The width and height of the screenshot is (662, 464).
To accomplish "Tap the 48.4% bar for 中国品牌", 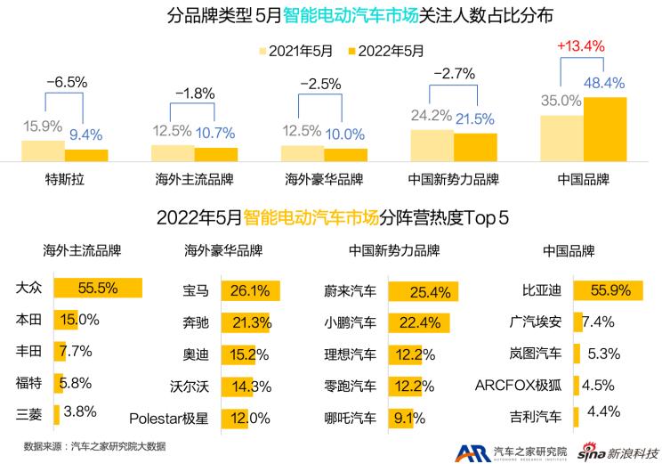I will point(605,128).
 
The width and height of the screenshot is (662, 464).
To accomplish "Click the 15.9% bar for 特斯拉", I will point(42,151).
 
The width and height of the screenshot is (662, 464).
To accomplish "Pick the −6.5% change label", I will point(67,82).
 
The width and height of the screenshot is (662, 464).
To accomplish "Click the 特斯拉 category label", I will point(64,178).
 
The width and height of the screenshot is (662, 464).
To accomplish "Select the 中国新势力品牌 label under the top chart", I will point(454,178).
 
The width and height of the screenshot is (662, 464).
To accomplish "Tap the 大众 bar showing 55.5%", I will point(98,289).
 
